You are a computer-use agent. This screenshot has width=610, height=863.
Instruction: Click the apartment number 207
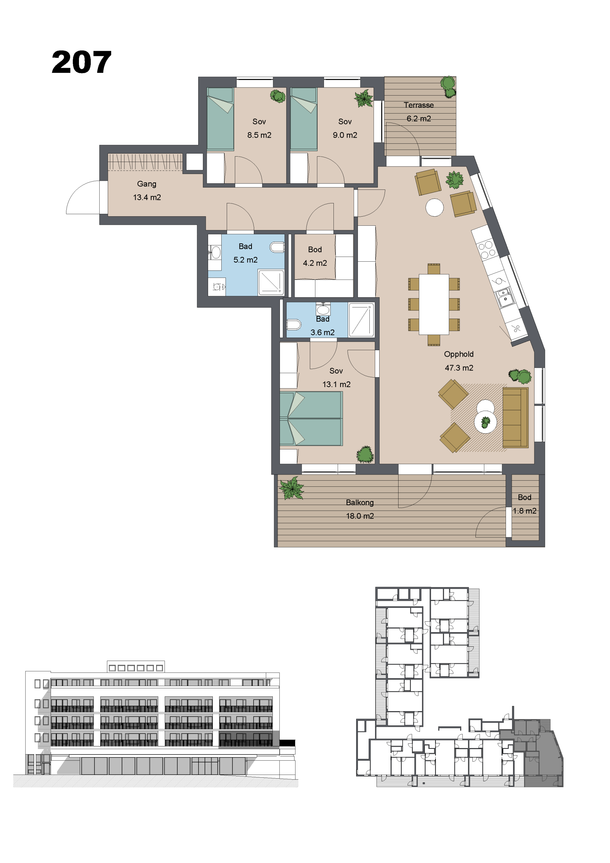[x=81, y=62]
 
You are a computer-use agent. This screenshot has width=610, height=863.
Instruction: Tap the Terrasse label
[x=419, y=105]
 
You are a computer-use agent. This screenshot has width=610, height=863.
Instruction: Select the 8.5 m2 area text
[x=259, y=135]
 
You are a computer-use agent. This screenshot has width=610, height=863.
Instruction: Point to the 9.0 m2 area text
[x=345, y=135]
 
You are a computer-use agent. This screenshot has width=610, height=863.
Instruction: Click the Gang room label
[x=147, y=184]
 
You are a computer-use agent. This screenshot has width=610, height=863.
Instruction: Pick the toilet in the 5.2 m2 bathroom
[x=277, y=247]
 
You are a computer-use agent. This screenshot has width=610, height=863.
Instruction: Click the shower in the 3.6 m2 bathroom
[x=361, y=320]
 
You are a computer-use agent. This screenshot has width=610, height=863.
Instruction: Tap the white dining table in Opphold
[x=434, y=304]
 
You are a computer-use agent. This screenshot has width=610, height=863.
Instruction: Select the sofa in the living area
[x=515, y=417]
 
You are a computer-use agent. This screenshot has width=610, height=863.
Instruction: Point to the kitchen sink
[x=504, y=297]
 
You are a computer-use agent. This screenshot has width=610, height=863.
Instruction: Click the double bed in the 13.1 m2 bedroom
[x=311, y=418]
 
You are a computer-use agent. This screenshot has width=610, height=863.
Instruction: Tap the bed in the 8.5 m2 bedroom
[x=221, y=119]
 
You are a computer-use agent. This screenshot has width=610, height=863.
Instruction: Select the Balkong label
[x=360, y=503]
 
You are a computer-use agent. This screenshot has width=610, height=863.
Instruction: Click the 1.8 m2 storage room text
[x=524, y=511]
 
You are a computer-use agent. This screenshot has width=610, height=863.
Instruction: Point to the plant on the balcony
[x=291, y=488]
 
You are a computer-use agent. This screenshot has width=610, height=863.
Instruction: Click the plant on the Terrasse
[x=448, y=87]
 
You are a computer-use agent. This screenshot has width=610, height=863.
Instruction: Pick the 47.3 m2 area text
[x=459, y=368]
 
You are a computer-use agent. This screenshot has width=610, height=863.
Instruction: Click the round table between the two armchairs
[x=434, y=207]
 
